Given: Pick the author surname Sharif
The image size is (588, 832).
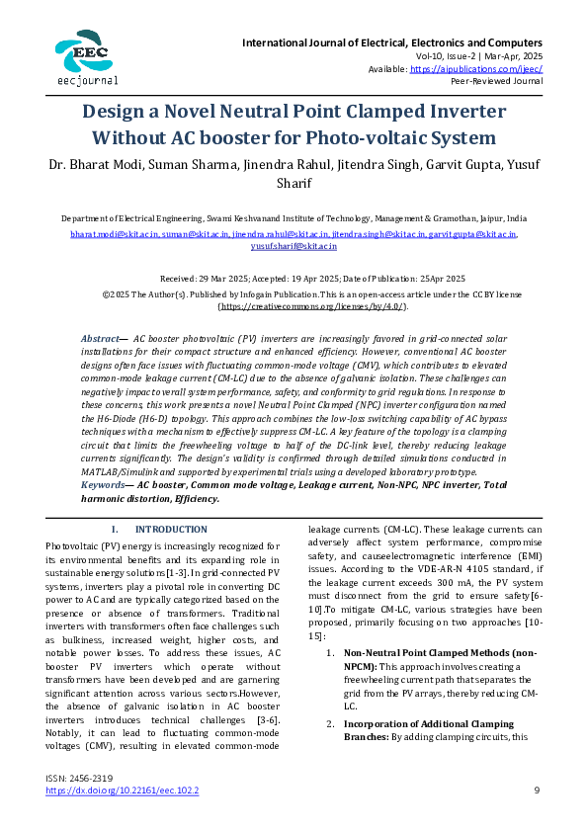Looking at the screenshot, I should click(294, 182).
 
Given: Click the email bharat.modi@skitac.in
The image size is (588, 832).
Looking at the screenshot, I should click(108, 234).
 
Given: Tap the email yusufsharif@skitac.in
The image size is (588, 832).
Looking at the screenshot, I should click(294, 246).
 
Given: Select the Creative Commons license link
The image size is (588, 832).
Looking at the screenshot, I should click(294, 307).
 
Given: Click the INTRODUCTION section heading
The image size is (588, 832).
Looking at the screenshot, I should click(164, 529).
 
